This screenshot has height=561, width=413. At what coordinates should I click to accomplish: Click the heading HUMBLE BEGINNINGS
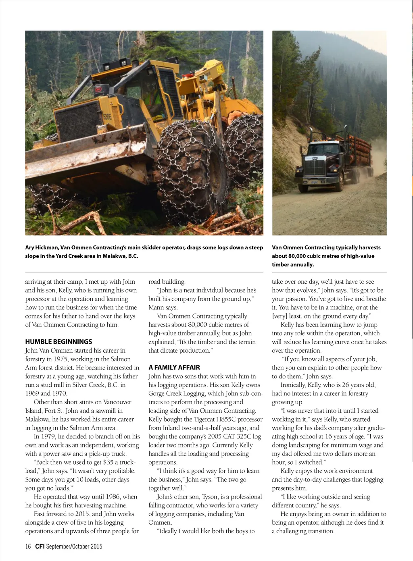tap(58, 342)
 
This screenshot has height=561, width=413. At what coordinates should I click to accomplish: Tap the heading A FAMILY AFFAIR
tap(174, 368)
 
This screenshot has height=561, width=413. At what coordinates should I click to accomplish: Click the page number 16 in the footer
tap(28, 546)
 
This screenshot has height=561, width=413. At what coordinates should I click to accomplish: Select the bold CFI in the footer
tap(40, 546)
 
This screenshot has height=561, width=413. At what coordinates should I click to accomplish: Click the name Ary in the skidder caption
tap(29, 247)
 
